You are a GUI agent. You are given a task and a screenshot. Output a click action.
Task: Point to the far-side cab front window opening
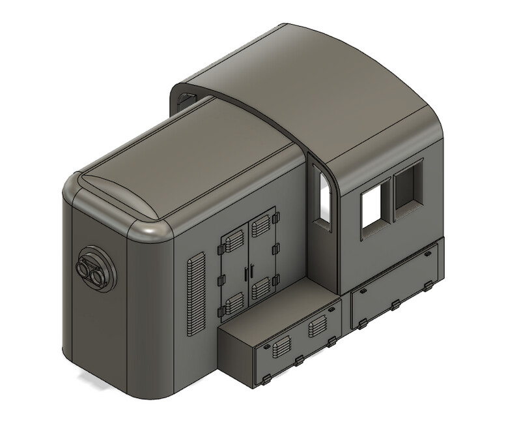(x=186, y=98)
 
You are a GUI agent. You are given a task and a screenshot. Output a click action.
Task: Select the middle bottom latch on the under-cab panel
(x=395, y=304)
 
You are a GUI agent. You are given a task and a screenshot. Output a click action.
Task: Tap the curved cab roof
(x=339, y=91)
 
